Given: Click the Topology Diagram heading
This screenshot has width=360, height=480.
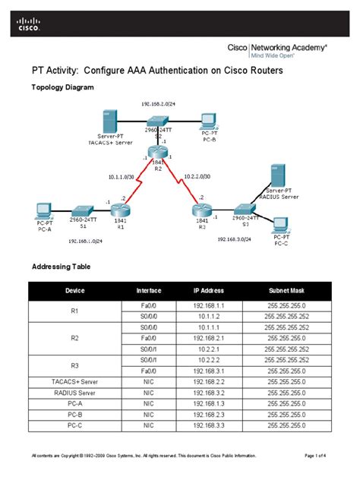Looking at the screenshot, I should tap(62, 87).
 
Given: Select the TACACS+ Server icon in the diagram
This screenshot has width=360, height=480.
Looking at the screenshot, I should tap(108, 121).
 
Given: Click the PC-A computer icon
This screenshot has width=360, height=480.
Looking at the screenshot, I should tap(42, 210).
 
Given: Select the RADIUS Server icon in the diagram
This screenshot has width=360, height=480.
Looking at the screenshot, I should tap(276, 175).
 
